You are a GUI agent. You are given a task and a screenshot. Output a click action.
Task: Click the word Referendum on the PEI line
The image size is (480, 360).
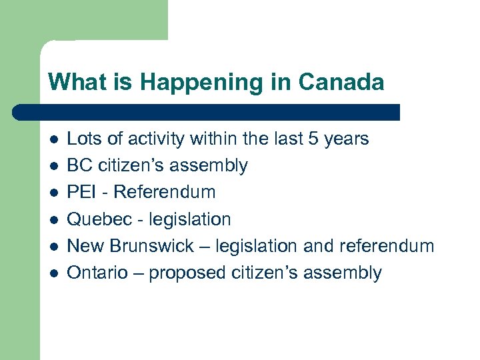(x=165, y=192)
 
